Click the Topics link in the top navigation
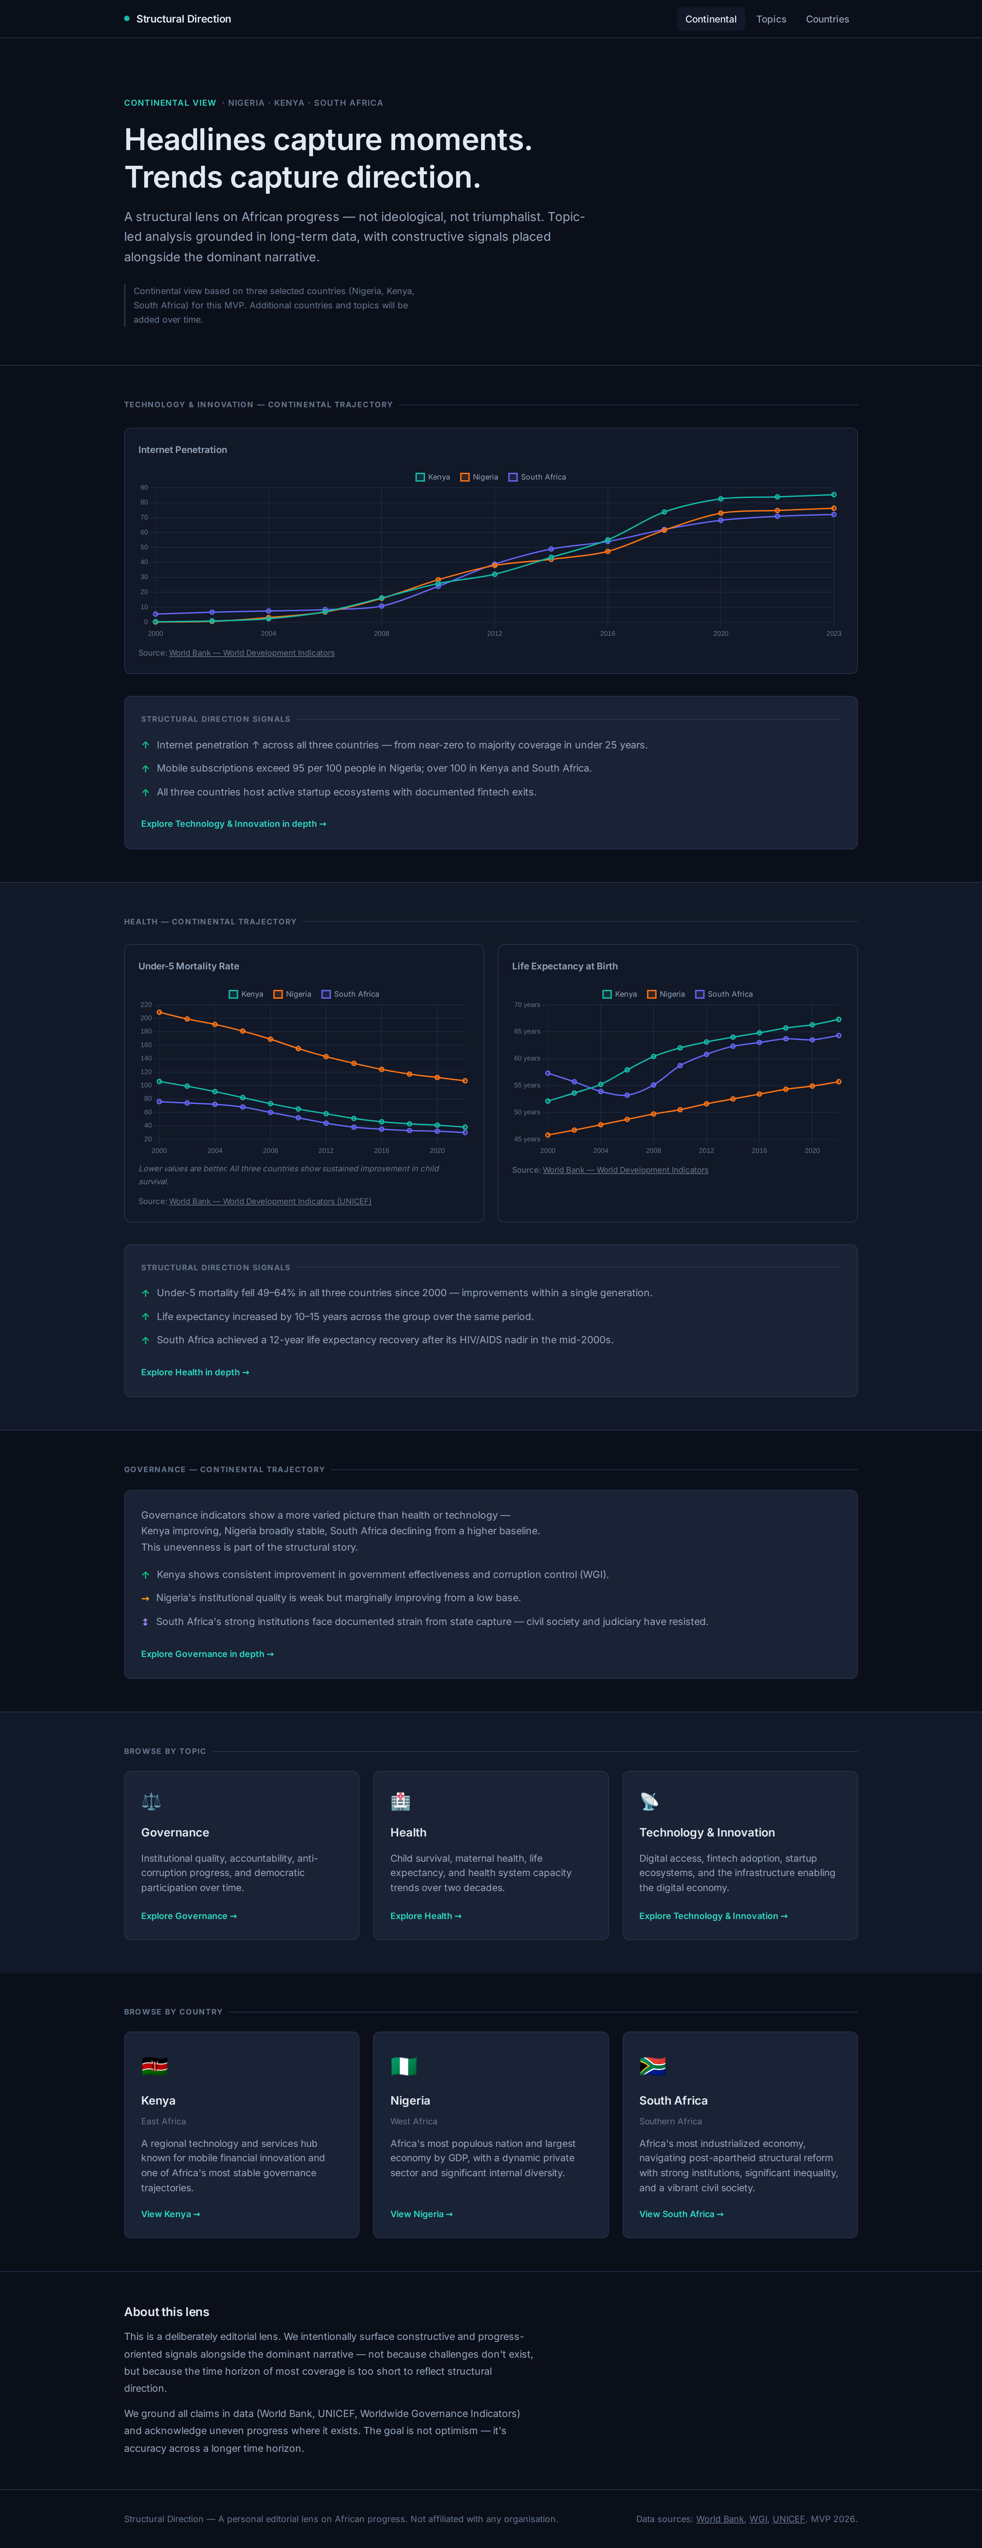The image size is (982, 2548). (771, 19)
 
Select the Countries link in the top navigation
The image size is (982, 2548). (827, 19)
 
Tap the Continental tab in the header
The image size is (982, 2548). (710, 19)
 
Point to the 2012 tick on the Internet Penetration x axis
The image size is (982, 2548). (494, 633)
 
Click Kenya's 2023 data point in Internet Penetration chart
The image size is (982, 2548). (834, 495)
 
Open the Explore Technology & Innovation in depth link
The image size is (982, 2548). (233, 824)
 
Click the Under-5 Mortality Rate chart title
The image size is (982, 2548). (189, 966)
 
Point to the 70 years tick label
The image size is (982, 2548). (527, 1005)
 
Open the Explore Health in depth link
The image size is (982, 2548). (195, 1372)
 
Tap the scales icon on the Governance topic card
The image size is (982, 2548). (151, 1801)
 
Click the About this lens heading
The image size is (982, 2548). (166, 2312)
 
